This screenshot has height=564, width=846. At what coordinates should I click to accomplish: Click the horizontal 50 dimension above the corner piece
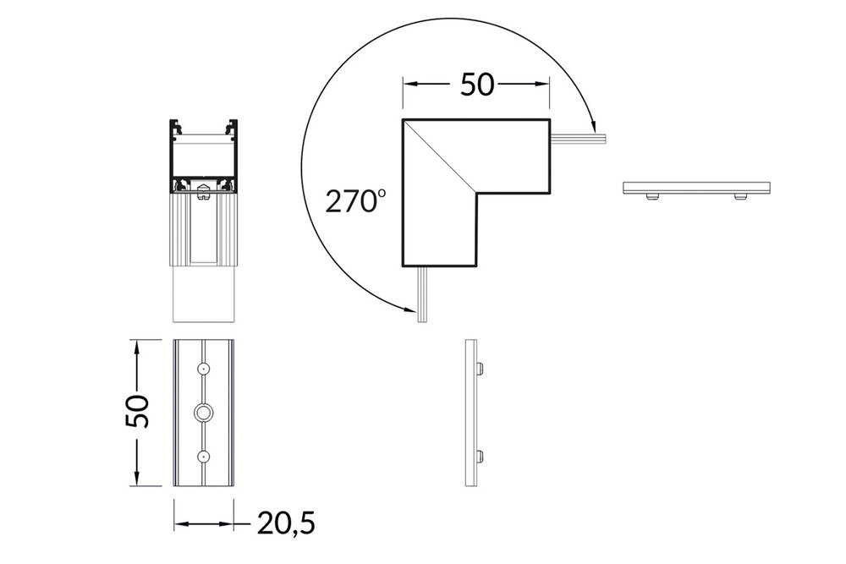[476, 85]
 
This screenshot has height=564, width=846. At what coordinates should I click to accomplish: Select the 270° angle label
[355, 201]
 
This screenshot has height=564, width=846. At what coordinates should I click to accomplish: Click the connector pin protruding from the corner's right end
[579, 136]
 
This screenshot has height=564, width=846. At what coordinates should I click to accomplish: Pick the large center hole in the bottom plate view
[203, 412]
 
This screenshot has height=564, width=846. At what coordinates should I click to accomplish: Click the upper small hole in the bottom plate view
[203, 369]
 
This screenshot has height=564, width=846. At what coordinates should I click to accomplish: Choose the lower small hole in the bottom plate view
[203, 456]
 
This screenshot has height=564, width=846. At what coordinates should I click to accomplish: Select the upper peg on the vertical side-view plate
[481, 368]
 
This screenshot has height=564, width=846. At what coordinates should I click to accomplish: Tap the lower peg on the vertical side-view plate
[481, 457]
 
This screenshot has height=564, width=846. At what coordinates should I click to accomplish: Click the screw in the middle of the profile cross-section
[202, 194]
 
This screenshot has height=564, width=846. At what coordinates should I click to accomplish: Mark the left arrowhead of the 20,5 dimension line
[179, 524]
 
